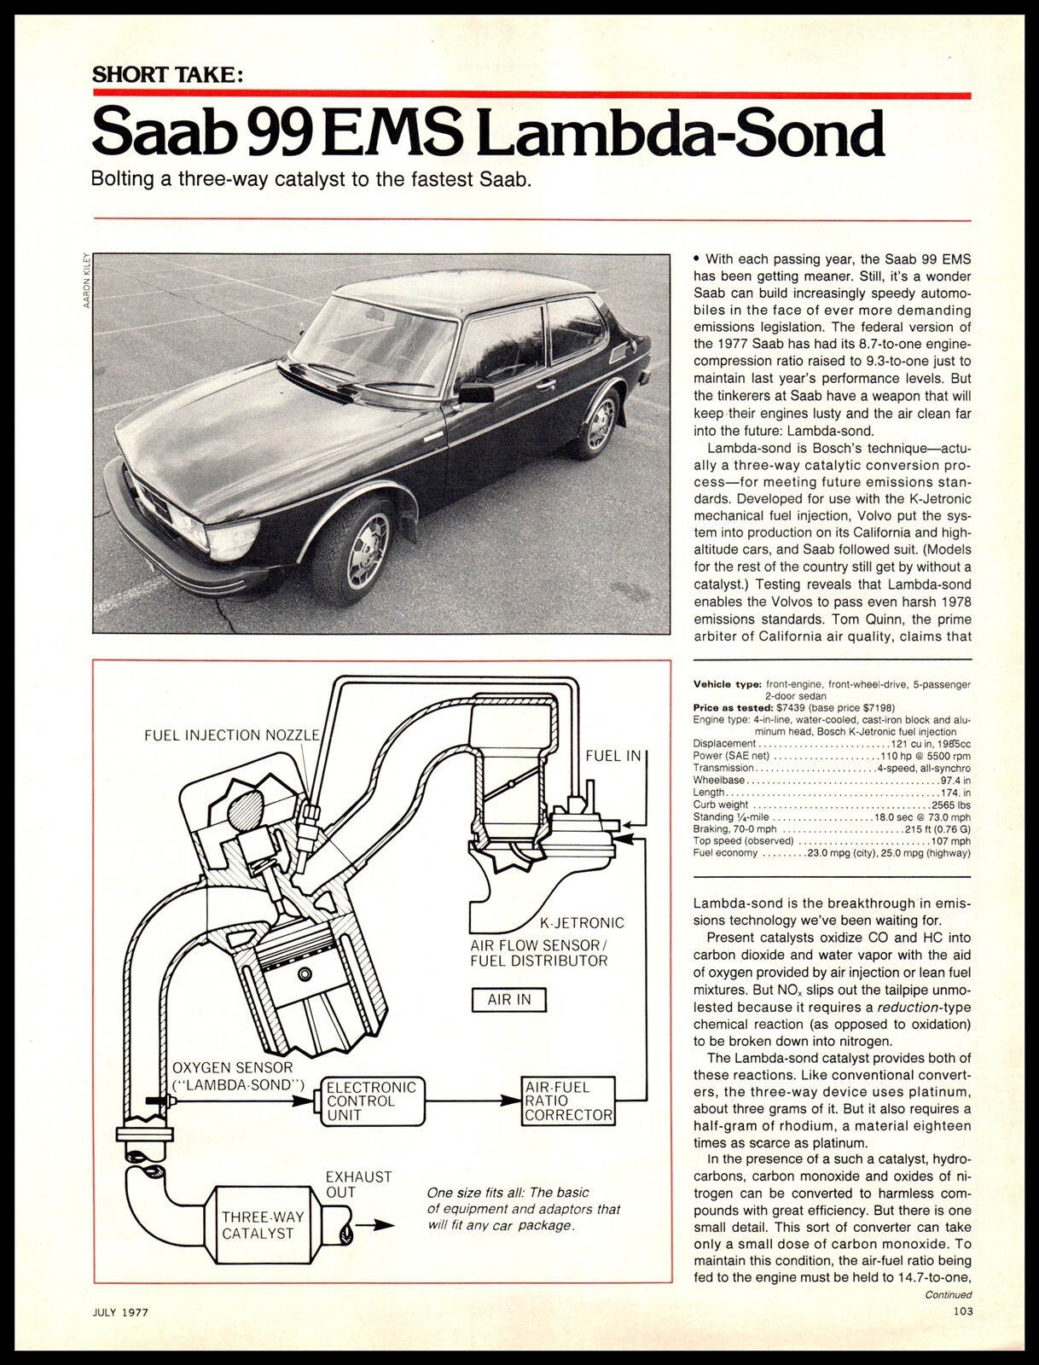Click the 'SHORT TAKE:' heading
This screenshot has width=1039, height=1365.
167,74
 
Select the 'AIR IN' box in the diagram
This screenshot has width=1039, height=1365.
509,999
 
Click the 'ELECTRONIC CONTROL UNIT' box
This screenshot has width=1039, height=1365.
372,1101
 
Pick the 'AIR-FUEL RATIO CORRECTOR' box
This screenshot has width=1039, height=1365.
568,1101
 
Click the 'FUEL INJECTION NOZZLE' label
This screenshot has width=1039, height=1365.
231,735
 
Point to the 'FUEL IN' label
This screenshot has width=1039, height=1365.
613,757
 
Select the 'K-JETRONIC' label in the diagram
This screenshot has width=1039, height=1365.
582,922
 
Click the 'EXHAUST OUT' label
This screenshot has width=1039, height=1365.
358,1184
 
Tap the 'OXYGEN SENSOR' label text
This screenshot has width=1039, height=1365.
232,1067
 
